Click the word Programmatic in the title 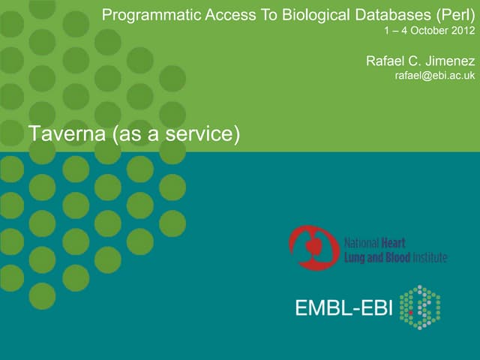tap(151, 15)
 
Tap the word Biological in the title tap(316, 15)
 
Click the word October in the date tap(427, 31)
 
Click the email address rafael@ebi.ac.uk tap(435, 75)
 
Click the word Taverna tap(67, 133)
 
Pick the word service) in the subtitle tap(202, 134)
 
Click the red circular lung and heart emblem tap(314, 248)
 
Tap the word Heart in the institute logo tap(393, 243)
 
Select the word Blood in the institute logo tap(398, 258)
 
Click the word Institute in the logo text tap(430, 258)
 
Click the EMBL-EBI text tap(343, 307)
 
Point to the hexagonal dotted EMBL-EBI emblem tap(420, 307)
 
